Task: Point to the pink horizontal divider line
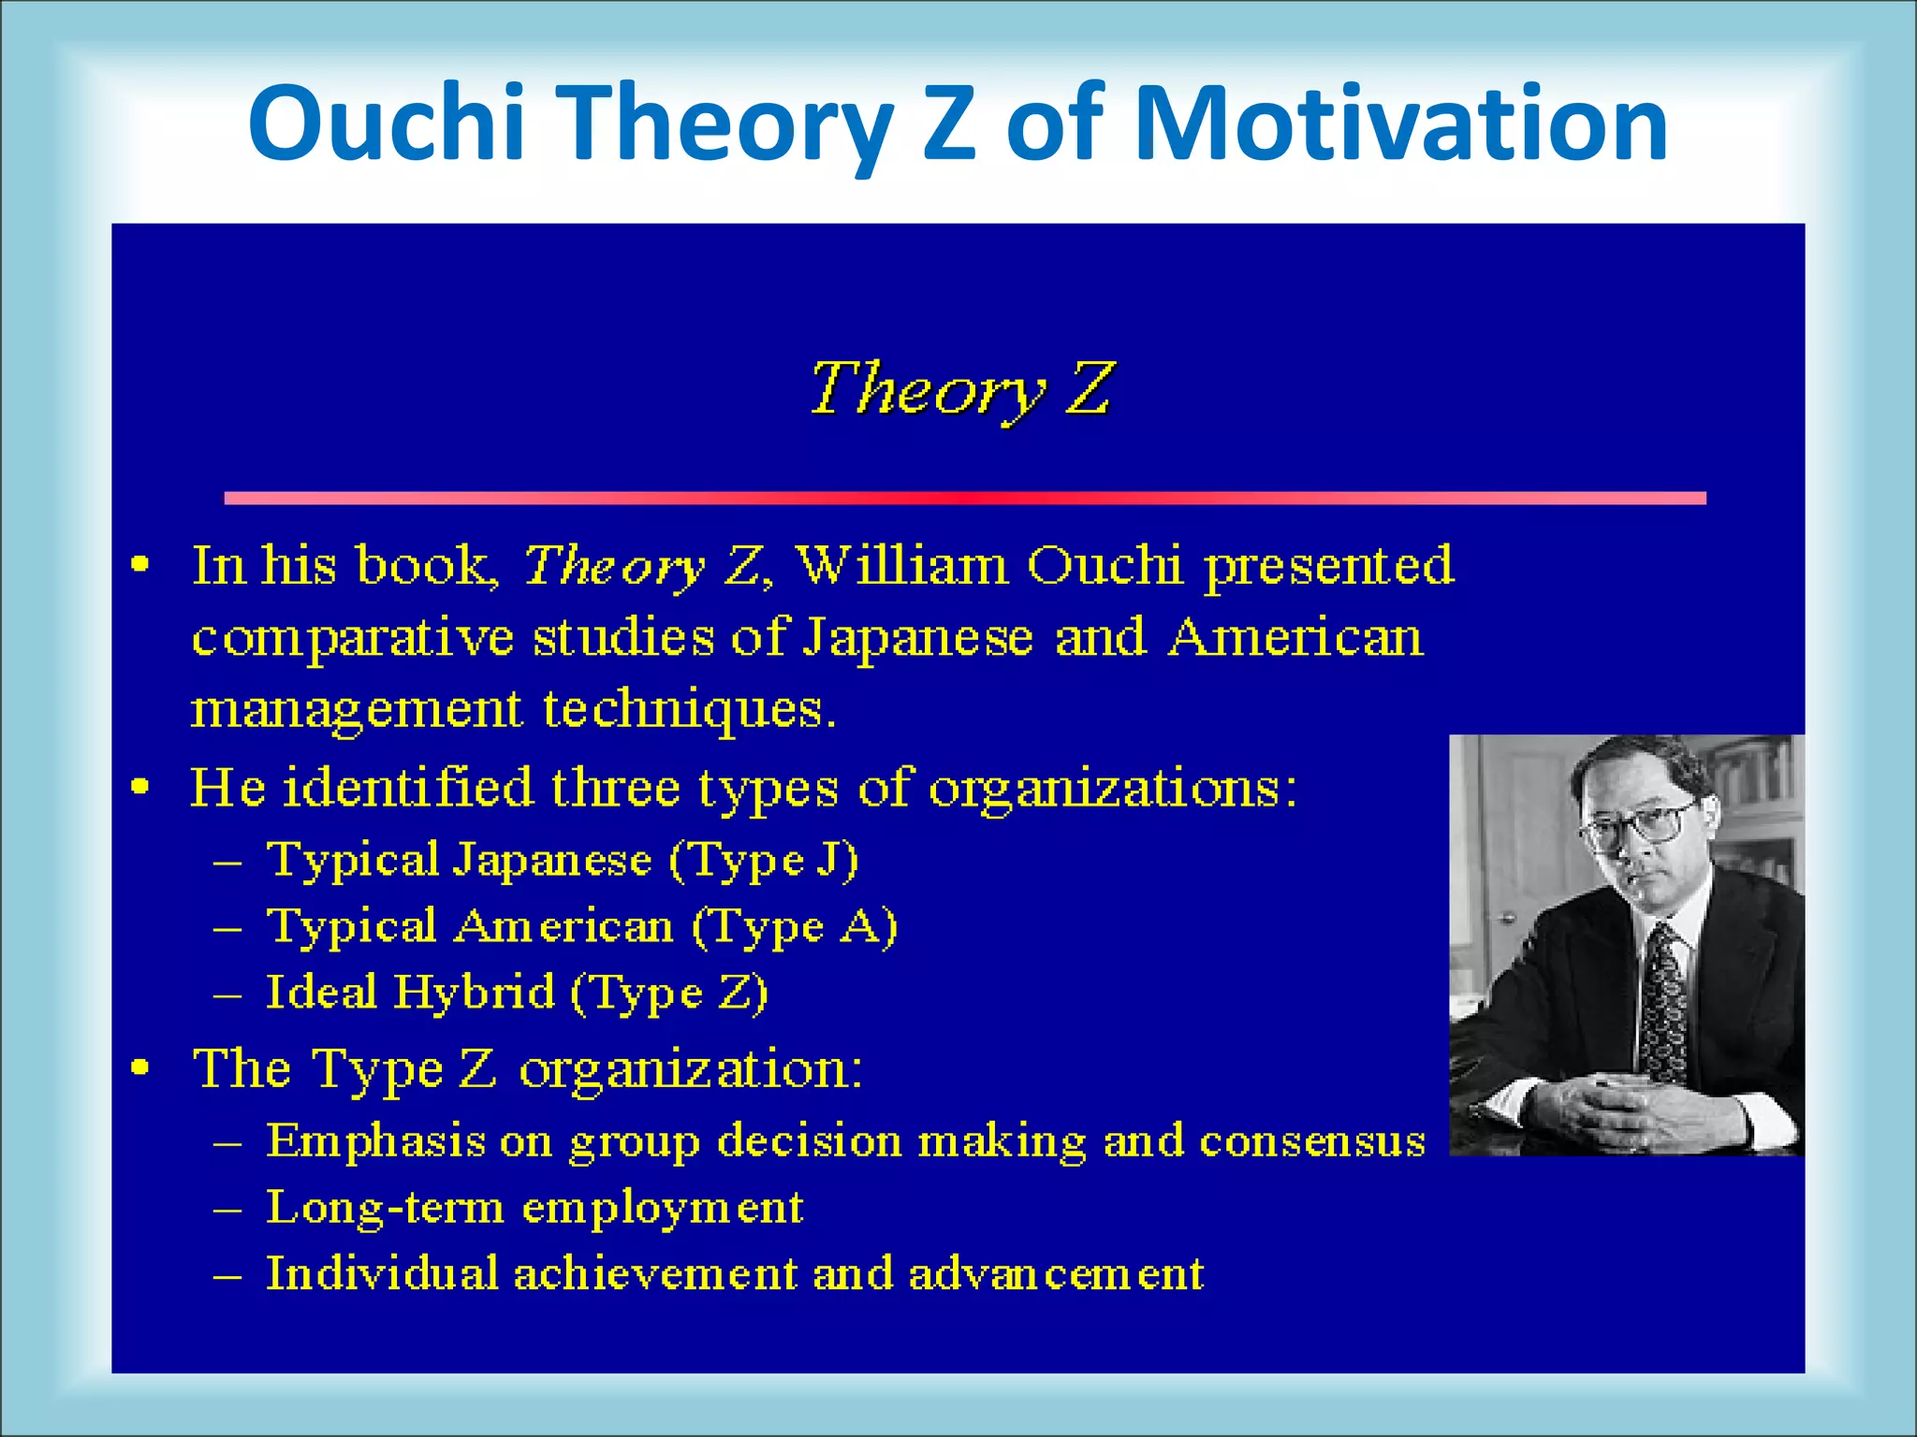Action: (x=964, y=499)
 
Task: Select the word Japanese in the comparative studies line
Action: (x=918, y=639)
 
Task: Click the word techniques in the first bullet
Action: (x=689, y=709)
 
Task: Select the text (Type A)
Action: (x=795, y=927)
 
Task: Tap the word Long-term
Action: (x=385, y=1208)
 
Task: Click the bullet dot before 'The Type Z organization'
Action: (x=140, y=1067)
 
